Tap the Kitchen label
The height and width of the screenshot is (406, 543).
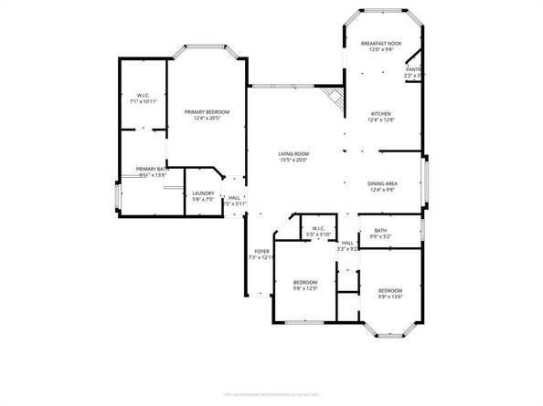(381, 114)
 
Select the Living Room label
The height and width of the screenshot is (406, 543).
(293, 153)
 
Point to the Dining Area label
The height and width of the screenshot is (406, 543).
(381, 183)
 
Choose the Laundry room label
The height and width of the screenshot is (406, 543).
(203, 193)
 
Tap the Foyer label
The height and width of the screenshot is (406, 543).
(261, 251)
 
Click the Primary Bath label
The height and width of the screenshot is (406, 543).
(153, 169)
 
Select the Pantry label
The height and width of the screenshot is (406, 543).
(414, 69)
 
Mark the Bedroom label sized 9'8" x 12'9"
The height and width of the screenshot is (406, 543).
(304, 283)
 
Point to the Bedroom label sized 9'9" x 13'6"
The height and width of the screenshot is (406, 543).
(389, 290)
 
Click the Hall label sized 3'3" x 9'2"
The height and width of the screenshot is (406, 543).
(347, 243)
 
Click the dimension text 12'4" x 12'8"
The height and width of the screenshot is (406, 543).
(381, 120)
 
